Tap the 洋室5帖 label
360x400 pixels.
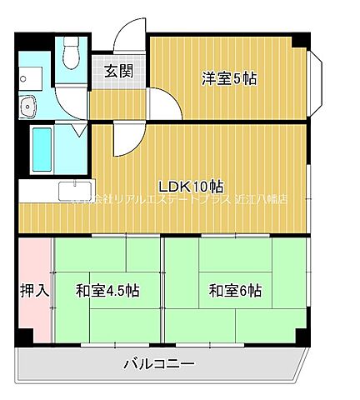228,79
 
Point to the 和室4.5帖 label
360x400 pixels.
107,291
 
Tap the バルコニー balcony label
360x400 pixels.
159,363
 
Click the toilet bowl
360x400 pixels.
72,55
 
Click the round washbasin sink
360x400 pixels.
28,106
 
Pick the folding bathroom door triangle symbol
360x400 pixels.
78,128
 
